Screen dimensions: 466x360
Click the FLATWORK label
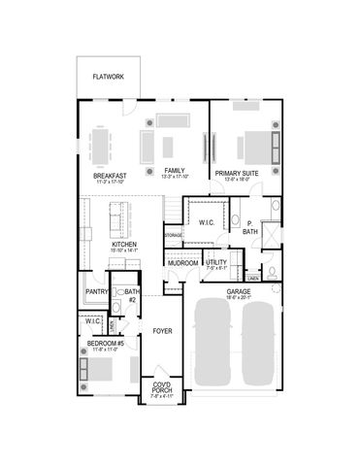pyautogui.click(x=108, y=76)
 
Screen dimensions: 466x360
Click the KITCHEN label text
pyautogui.click(x=123, y=245)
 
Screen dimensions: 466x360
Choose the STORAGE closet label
pyautogui.click(x=173, y=235)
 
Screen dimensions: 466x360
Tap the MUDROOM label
pyautogui.click(x=182, y=263)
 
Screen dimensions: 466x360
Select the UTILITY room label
pyautogui.click(x=216, y=262)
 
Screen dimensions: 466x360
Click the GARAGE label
pyautogui.click(x=239, y=290)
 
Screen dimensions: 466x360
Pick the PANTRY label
pyautogui.click(x=96, y=291)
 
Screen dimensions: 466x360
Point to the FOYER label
pyautogui.click(x=162, y=331)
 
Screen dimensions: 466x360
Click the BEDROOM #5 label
pyautogui.click(x=104, y=344)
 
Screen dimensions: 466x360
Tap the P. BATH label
pyautogui.click(x=250, y=229)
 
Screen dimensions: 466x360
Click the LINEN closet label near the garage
pyautogui.click(x=252, y=279)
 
